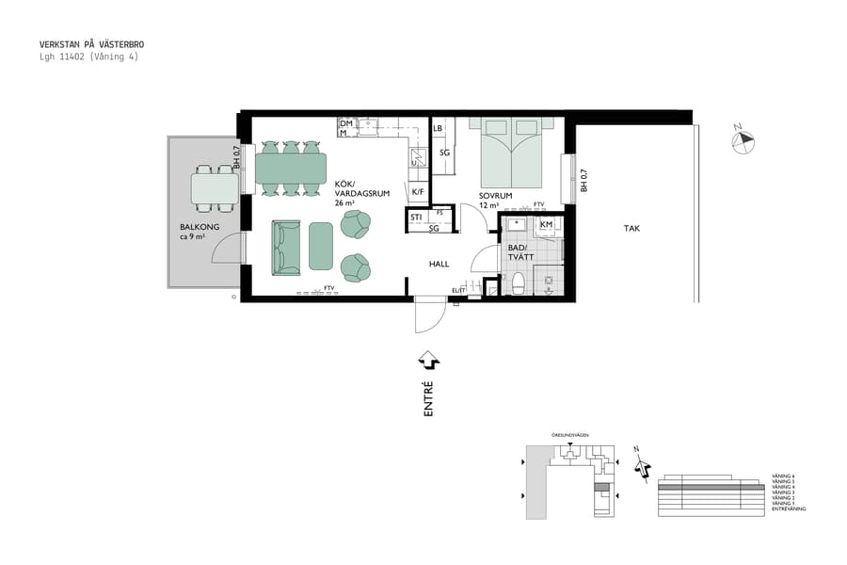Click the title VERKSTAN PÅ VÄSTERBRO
(91, 44)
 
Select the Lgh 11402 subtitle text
(88, 56)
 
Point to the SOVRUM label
(495, 196)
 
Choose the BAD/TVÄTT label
(519, 251)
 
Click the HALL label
(439, 265)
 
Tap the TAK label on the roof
(632, 229)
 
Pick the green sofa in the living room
(286, 247)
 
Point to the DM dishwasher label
(345, 123)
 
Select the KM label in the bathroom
(546, 225)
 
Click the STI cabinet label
(415, 218)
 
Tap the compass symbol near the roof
(743, 140)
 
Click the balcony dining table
(216, 188)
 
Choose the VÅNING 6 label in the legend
(783, 476)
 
